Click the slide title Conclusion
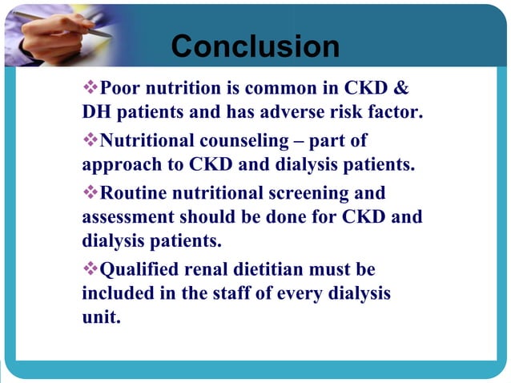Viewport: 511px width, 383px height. pos(255,46)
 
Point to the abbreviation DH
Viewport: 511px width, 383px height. pos(95,111)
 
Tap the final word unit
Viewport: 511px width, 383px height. pos(101,317)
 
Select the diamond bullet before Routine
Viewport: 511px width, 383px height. pos(90,193)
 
